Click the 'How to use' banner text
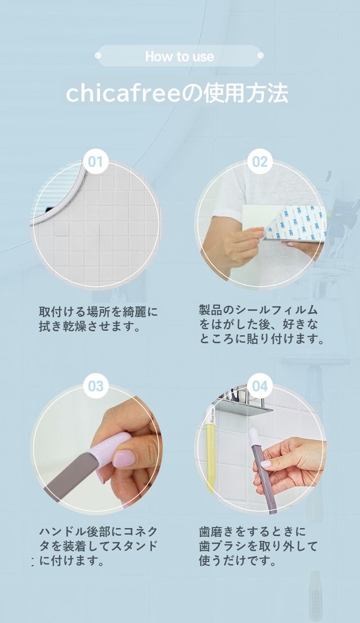[x=179, y=56]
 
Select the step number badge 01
[x=96, y=162]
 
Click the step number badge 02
[x=260, y=162]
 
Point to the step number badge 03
[x=96, y=386]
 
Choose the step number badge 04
[x=260, y=386]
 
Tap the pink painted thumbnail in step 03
[x=124, y=458]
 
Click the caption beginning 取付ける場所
[x=98, y=319]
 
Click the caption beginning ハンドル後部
[x=98, y=546]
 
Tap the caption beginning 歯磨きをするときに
[x=258, y=546]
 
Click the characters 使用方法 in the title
[x=246, y=94]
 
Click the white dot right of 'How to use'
[x=260, y=56]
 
